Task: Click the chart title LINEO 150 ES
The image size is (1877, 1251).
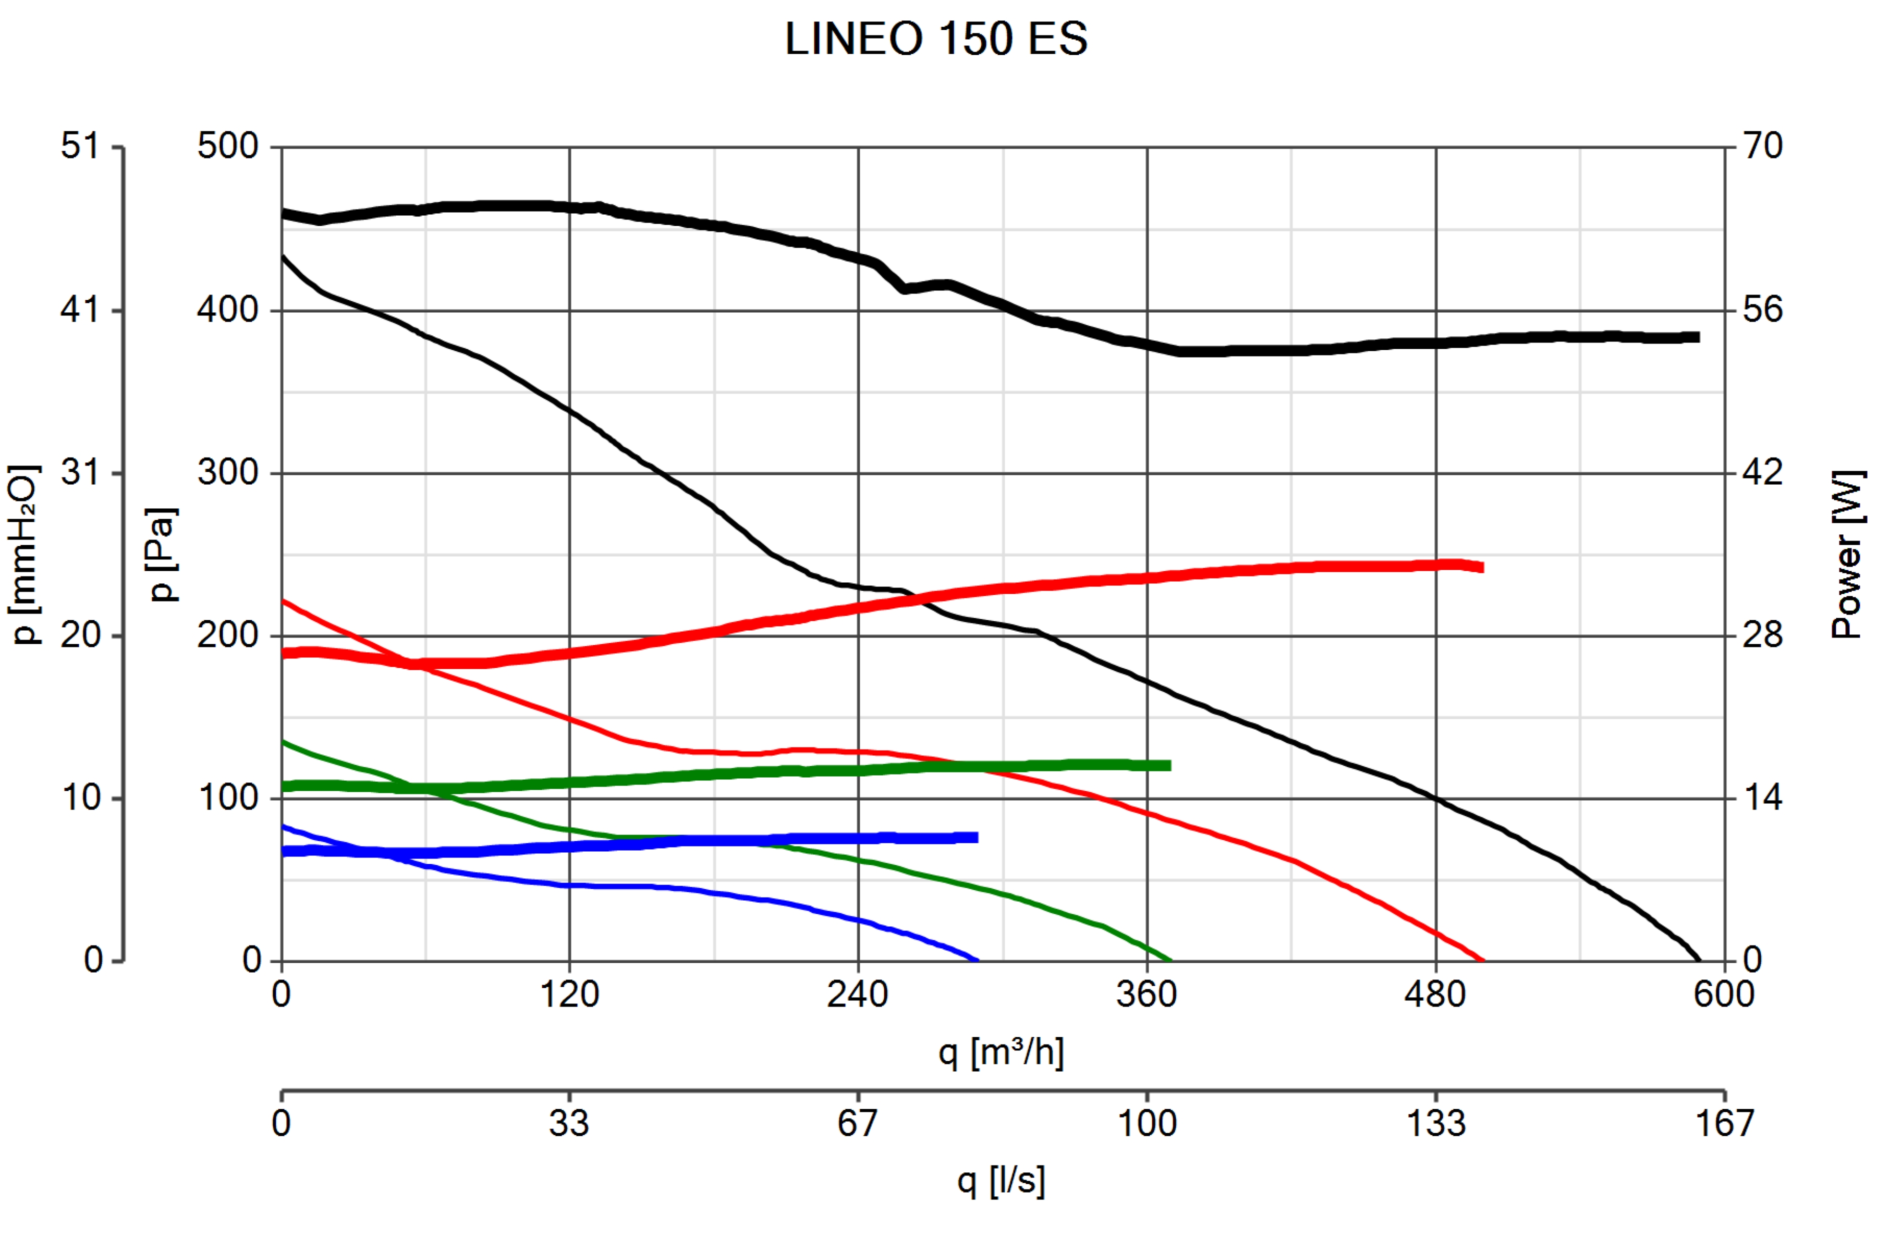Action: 936,38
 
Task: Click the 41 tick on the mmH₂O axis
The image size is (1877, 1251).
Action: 80,310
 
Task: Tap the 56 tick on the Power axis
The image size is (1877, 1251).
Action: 1762,310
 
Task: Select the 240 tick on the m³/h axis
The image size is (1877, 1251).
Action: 858,994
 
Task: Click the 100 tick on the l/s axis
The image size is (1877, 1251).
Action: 1147,1123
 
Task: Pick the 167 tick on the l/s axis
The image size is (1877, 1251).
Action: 1724,1123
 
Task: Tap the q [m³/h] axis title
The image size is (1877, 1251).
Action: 1001,1053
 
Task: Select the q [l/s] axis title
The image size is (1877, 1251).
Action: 1001,1180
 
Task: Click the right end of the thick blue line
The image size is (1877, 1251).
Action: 977,837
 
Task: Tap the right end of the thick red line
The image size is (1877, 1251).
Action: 1482,567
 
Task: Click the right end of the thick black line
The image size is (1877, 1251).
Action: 1698,337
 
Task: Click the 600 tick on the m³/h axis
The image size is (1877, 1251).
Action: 1724,994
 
